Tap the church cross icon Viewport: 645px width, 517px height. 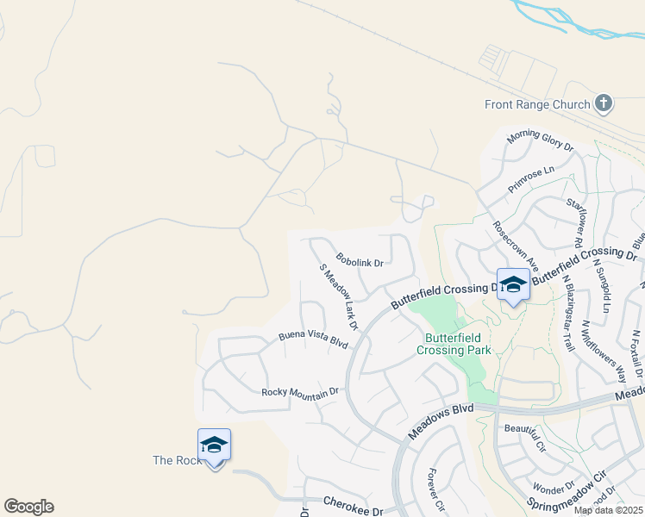coord(604,104)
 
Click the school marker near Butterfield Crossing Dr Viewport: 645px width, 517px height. coord(513,284)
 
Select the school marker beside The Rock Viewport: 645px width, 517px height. coord(214,446)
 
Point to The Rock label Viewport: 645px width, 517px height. coord(177,460)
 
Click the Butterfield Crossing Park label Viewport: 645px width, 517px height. coord(454,344)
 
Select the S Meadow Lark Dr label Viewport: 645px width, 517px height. coord(338,297)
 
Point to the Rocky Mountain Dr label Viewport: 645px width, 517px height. coord(301,392)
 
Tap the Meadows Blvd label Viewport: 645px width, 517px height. coord(441,421)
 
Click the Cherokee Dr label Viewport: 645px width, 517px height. coord(352,505)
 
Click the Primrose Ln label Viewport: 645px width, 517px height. coord(531,179)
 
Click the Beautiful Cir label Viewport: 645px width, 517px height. coord(527,438)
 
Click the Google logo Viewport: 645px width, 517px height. coord(28,507)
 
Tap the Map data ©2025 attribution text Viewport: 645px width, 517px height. coord(608,510)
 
